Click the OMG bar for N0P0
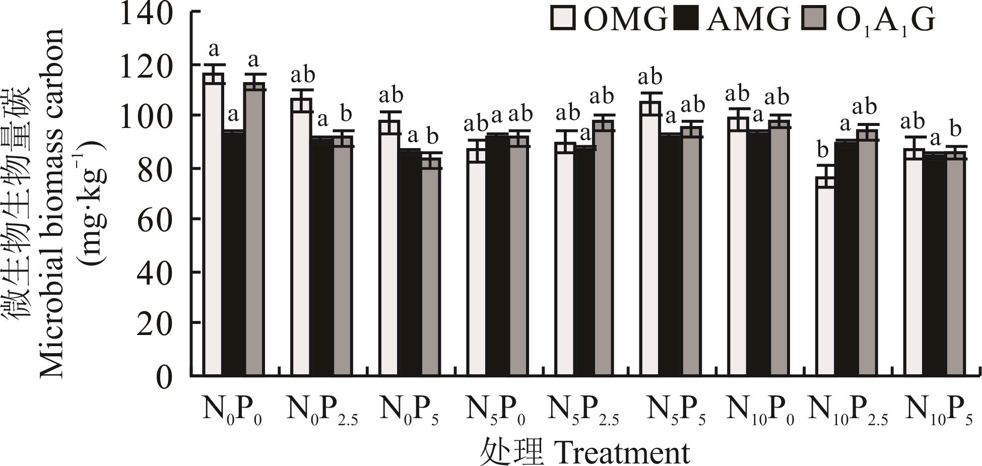(x=213, y=227)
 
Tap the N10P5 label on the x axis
(x=938, y=410)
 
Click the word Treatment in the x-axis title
(x=622, y=452)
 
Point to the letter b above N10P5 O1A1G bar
(x=955, y=128)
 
